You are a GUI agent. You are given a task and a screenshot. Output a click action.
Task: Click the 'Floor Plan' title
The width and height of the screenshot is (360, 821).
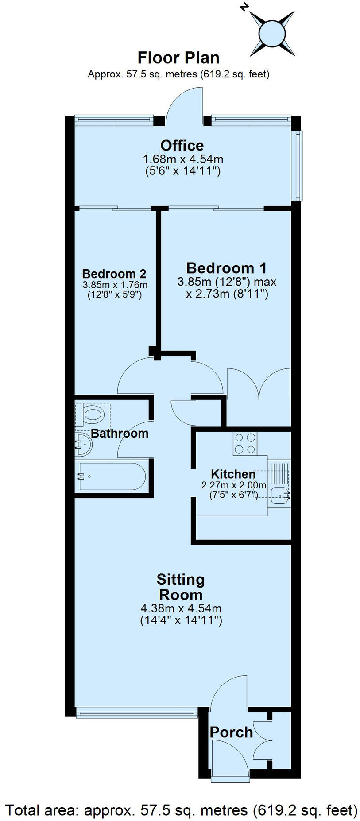coord(178,58)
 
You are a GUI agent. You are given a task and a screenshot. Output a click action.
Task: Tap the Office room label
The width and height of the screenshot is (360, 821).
coord(182,145)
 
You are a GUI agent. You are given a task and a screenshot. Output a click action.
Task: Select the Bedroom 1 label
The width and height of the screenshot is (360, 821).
coord(226,268)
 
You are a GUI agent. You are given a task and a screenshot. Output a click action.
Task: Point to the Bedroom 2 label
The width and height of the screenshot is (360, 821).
coord(114,274)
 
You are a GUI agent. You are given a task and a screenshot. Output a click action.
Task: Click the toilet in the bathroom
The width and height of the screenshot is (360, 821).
coord(93,415)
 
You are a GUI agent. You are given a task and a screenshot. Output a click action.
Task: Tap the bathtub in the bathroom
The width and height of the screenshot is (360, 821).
coord(112,476)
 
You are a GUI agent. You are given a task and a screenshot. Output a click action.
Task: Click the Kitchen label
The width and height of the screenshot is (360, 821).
coord(233,474)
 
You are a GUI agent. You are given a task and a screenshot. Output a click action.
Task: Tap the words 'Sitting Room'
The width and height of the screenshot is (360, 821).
coord(181,587)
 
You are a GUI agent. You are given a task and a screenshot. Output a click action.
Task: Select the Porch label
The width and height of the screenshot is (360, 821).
coord(231,732)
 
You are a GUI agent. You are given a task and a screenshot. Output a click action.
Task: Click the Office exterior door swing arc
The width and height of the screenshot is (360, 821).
coord(185,103)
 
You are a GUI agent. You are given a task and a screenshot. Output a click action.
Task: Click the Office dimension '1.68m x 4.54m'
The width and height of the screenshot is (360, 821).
coord(182,159)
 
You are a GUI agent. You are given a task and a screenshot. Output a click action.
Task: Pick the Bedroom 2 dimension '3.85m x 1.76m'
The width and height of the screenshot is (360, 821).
coord(115,285)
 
